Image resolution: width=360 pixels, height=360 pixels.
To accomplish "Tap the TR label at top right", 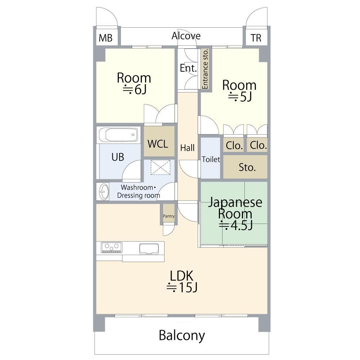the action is click(x=256, y=38).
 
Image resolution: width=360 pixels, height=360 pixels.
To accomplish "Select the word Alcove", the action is click(x=186, y=36).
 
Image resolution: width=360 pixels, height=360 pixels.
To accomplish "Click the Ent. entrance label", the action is click(x=188, y=68).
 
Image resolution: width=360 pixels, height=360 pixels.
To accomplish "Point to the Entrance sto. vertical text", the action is click(x=205, y=69).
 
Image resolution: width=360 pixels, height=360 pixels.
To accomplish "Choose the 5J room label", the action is click(x=240, y=96).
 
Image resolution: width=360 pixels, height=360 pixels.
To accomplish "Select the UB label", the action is click(x=118, y=157).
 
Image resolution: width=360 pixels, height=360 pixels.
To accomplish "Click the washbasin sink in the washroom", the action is click(x=104, y=191).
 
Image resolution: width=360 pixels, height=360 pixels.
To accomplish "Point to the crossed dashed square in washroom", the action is click(x=161, y=167).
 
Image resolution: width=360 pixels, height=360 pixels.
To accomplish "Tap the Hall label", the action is click(x=187, y=148).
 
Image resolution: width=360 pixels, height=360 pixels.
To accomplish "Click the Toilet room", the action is click(x=211, y=158).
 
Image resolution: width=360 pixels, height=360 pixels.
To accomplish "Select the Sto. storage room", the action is click(x=245, y=167).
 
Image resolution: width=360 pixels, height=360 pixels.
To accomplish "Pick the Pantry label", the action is click(x=169, y=216).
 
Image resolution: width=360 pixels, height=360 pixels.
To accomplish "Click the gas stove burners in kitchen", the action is click(x=112, y=247).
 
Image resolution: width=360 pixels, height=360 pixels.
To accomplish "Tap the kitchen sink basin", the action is click(x=149, y=249).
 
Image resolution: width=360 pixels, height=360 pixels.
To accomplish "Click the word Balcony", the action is click(x=182, y=336).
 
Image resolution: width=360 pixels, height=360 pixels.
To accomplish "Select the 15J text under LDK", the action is click(x=182, y=287).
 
